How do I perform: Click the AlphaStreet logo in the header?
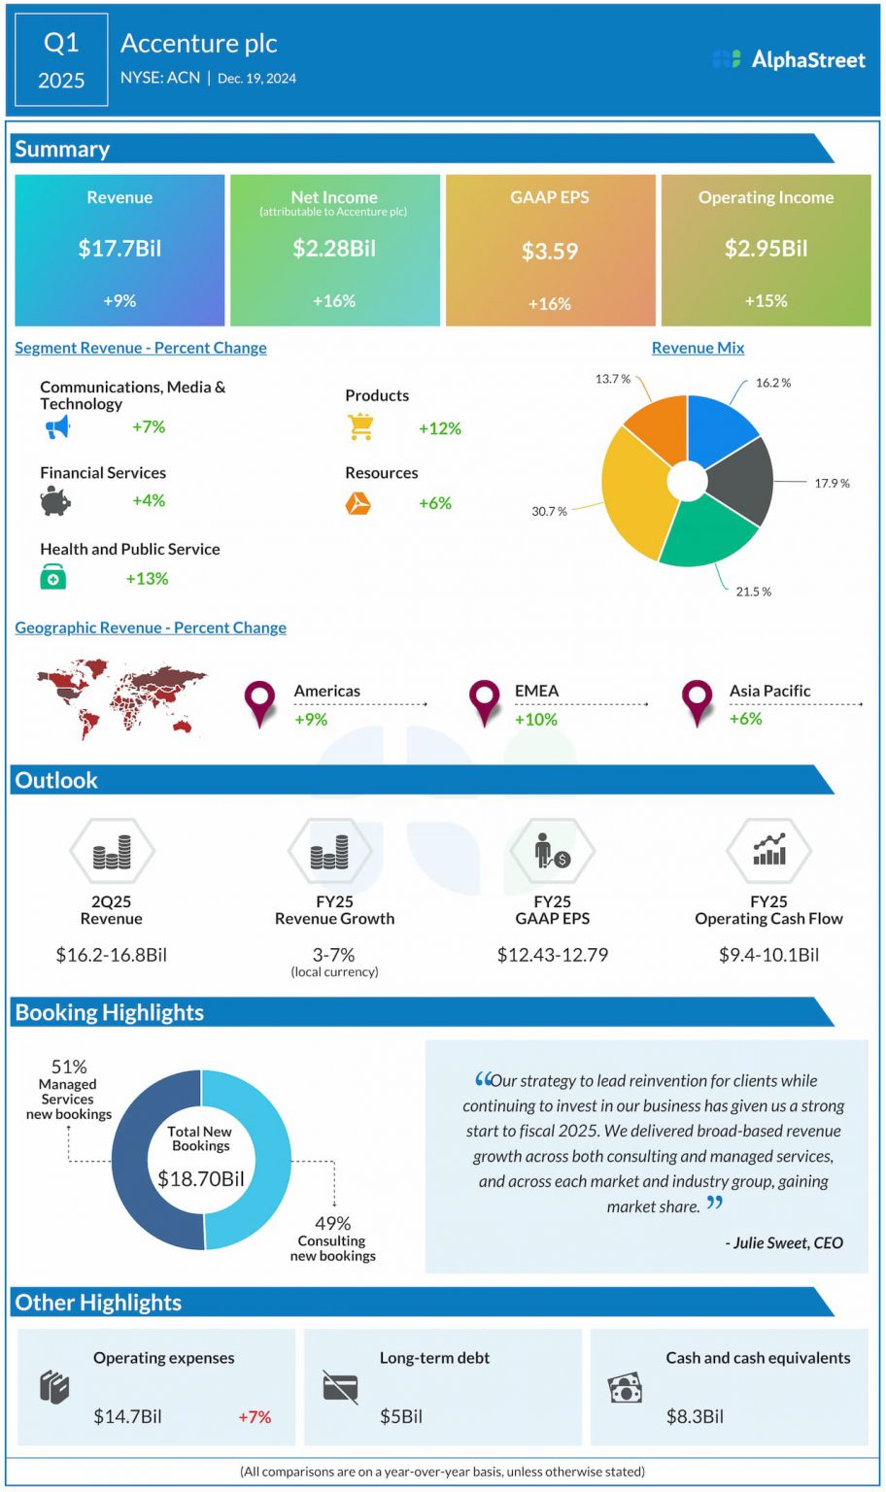coord(788,59)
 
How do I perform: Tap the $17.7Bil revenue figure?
coord(119,249)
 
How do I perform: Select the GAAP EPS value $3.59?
coord(550,252)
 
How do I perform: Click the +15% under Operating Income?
coord(766,301)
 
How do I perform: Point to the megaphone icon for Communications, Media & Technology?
coord(57,426)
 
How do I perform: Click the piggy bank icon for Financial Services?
coord(55,501)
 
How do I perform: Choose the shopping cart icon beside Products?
coord(360,427)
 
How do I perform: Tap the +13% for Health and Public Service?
coord(147,579)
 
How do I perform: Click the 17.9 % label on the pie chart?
coord(832,483)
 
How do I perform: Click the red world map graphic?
coord(120,697)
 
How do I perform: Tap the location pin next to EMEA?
coord(484,701)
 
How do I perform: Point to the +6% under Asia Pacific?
coord(745,719)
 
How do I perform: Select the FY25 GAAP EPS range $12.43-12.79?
coord(552,955)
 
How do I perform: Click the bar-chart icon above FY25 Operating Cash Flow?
coord(768,850)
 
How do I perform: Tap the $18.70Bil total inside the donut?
coord(201,1179)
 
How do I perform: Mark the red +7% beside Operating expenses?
coord(255,1417)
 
